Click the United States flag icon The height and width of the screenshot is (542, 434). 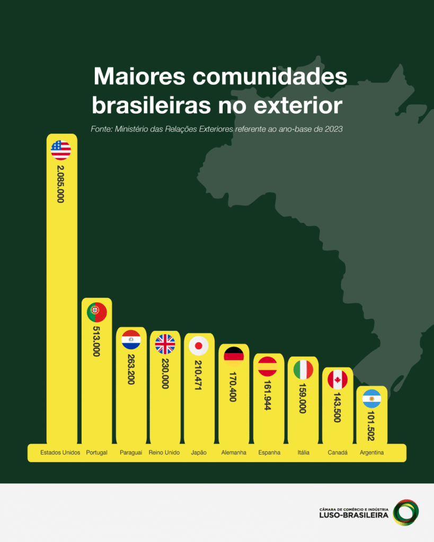point(61,150)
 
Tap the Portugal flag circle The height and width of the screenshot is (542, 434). point(96,313)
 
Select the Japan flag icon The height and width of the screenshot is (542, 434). point(199,346)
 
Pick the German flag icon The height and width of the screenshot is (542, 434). point(234,357)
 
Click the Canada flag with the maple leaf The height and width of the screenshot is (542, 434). point(338,380)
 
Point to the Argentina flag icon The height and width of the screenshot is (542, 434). point(371,399)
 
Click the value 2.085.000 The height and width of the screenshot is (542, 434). point(60,184)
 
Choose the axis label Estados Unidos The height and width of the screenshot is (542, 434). point(60,453)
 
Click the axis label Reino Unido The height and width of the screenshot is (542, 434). point(164,453)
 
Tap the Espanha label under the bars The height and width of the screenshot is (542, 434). point(269,453)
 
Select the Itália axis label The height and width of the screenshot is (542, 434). point(304,453)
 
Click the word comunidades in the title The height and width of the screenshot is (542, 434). point(270,77)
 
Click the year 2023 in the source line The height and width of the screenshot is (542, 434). point(334,129)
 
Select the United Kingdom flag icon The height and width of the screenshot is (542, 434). point(165,344)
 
